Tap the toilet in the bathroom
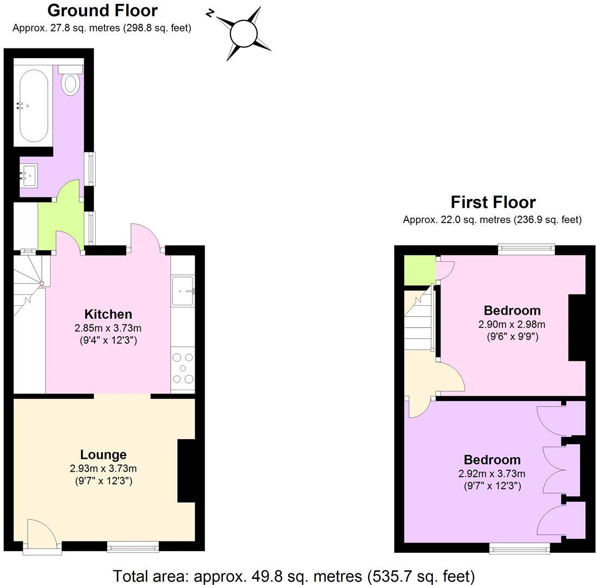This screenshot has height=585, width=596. pos(71,82)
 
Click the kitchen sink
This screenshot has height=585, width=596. pos(183,291)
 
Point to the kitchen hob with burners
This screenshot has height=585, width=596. pos(183,368)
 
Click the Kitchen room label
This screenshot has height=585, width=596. pos(108,314)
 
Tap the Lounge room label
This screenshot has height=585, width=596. pos(103,454)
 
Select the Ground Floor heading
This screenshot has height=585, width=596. pos(102,10)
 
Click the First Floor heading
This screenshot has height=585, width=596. pos(493,202)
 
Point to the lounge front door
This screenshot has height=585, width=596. pos(41,536)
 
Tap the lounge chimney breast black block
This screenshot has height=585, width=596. pos(186,471)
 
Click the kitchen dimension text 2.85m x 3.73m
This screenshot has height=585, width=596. pos(108,328)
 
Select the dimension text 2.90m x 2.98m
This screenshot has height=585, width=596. pos(511,325)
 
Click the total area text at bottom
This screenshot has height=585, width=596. pos(294,575)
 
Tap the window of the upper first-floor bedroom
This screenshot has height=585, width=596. pos(526,250)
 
